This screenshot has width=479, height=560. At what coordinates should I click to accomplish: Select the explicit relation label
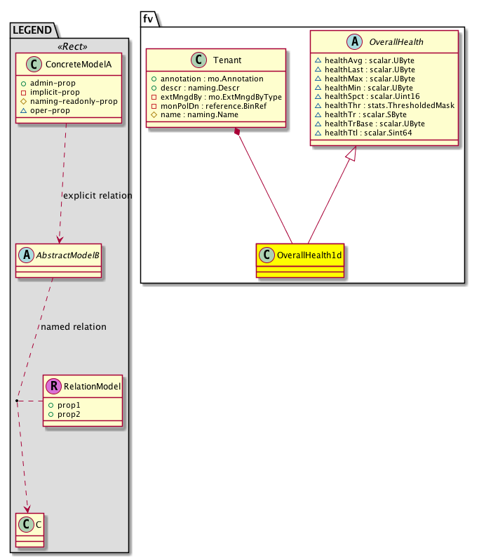97,195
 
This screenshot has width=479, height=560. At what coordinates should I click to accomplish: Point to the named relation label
74,326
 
